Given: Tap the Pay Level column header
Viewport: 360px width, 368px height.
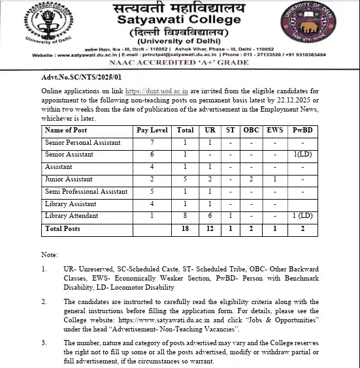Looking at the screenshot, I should tap(152, 130).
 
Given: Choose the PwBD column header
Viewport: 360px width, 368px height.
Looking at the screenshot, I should tap(303, 130).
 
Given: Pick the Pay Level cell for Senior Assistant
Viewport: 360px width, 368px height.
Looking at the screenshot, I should tap(152, 155).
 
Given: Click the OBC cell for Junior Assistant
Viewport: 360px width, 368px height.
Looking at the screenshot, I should tap(251, 179).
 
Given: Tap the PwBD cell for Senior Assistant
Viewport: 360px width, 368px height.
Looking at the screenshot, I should tap(303, 155).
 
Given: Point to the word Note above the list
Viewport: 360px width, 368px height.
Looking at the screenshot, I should tap(50, 253).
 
